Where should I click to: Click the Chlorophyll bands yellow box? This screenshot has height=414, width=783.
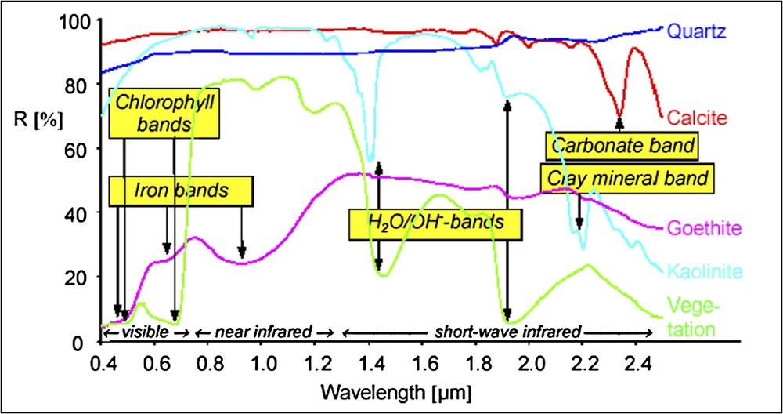[164, 111]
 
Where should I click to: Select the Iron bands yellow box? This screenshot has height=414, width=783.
[181, 191]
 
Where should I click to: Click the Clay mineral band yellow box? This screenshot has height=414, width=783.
[626, 178]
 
